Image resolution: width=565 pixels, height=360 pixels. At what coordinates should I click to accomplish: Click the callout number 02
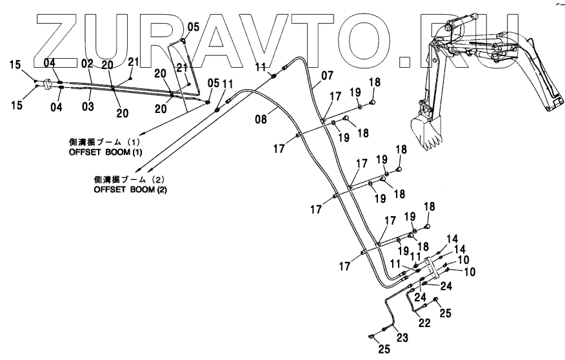pyautogui.click(x=88, y=63)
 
